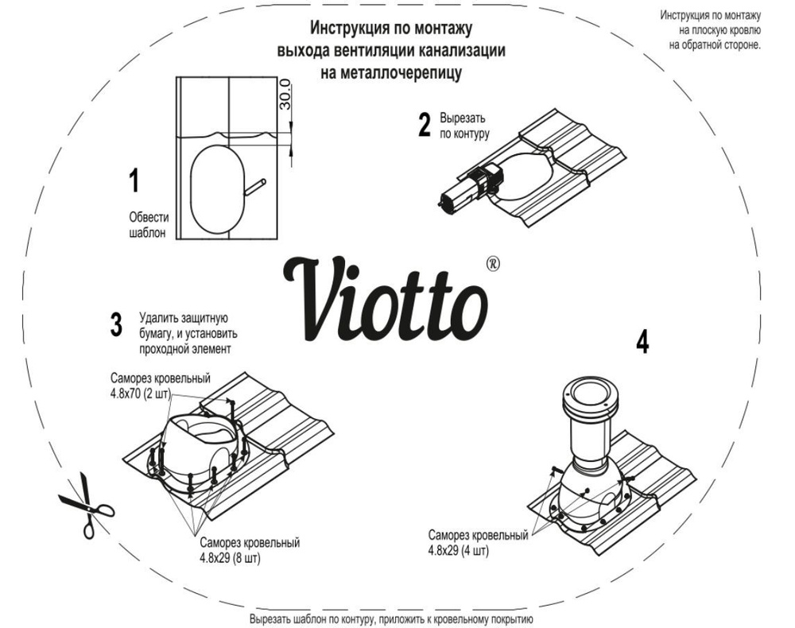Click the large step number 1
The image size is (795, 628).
point(134,182)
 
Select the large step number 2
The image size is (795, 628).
point(425,126)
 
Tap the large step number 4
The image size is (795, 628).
point(642,342)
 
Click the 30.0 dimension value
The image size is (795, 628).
point(285,96)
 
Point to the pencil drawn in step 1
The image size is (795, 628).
point(254,187)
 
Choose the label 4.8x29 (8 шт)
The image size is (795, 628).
point(230,557)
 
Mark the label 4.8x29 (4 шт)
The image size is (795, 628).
point(458,549)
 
